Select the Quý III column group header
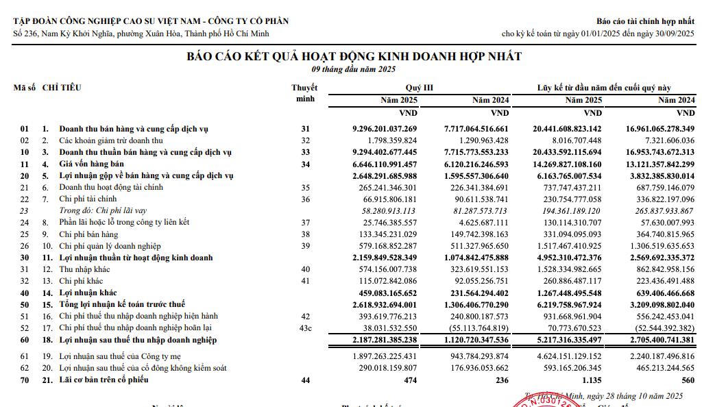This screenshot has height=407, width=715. tap(419, 88)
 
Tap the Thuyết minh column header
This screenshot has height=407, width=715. tap(304, 93)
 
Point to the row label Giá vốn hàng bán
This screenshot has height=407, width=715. tap(91, 164)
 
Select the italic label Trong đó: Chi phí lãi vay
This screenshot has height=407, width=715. tap(103, 211)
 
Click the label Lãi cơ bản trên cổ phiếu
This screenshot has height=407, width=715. tap(104, 380)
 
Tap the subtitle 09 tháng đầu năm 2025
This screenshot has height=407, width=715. tap(354, 69)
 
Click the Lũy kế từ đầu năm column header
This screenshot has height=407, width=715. tap(604, 88)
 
